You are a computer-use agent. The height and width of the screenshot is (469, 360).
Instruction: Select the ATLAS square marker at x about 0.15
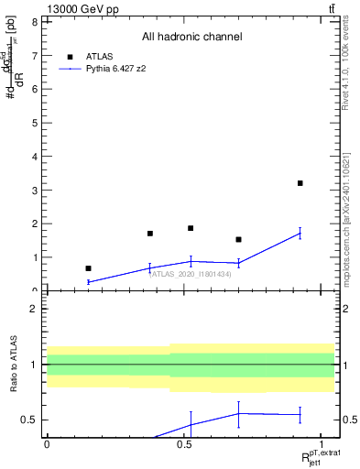point(88,268)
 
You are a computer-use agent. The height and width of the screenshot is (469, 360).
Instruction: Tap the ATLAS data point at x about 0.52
point(191,228)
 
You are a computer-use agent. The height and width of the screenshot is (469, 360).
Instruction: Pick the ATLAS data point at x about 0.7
point(238,239)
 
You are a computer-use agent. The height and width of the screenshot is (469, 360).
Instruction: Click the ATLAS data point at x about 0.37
point(149,234)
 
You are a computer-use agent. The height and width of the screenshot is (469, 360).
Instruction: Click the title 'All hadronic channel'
point(191,37)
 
